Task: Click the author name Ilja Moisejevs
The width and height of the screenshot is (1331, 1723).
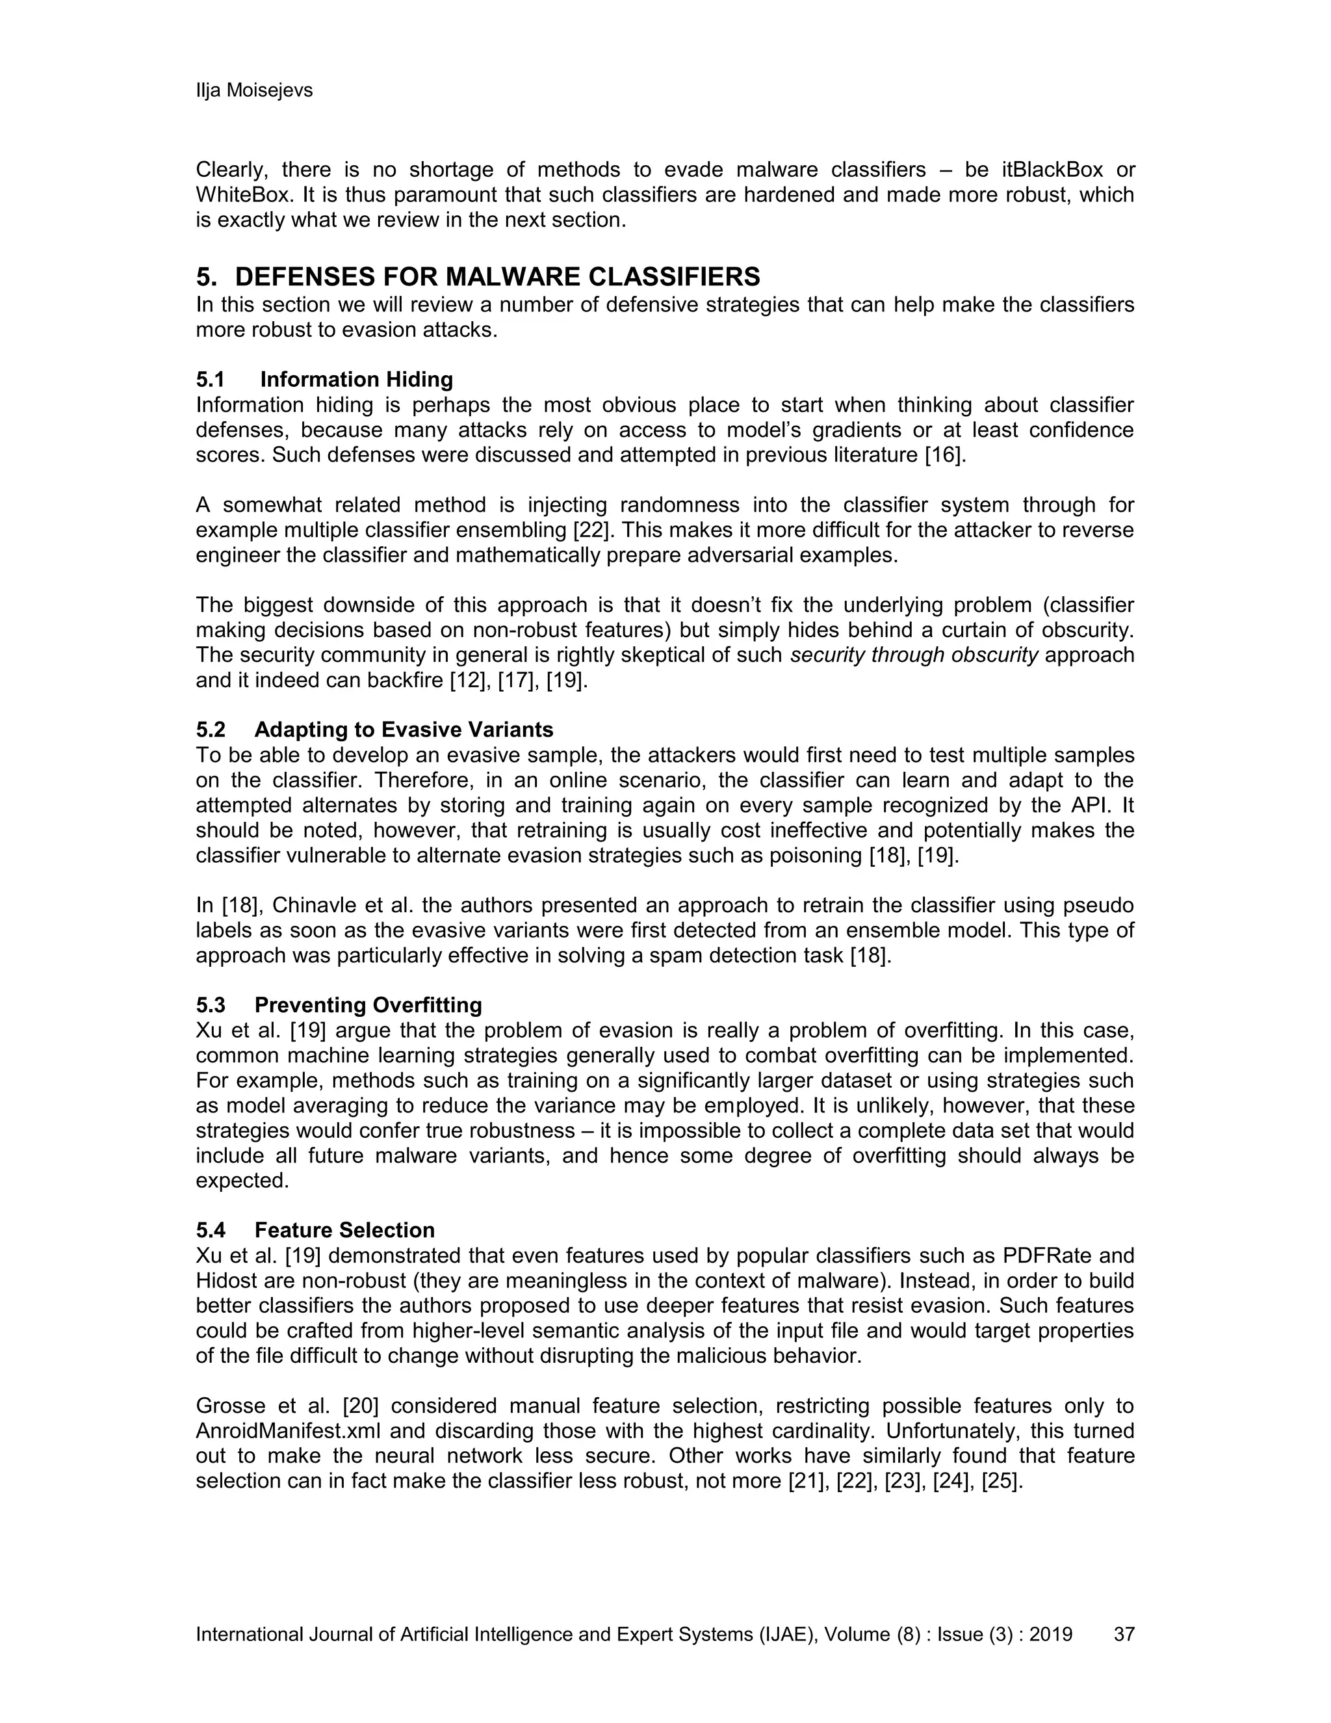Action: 254,91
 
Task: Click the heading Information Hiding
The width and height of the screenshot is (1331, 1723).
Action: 356,380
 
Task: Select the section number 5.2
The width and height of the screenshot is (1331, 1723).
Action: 211,730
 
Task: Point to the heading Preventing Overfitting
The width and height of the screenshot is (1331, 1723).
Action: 368,1005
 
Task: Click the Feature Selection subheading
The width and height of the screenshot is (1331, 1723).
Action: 344,1230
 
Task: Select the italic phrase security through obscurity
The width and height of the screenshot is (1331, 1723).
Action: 914,655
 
